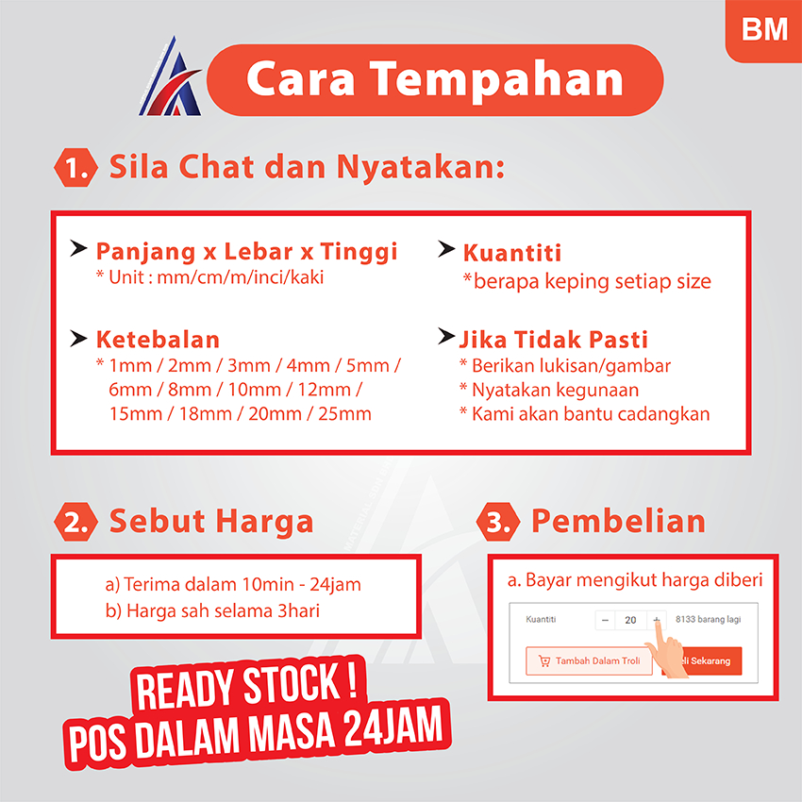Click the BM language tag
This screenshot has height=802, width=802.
tap(764, 29)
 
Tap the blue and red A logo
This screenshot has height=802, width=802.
tap(171, 76)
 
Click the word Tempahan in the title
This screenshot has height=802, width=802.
tap(496, 80)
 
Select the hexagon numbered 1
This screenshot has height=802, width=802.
tap(75, 167)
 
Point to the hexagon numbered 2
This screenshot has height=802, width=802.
tap(75, 522)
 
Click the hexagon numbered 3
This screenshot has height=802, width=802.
tap(497, 522)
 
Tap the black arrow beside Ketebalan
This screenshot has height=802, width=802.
tap(78, 338)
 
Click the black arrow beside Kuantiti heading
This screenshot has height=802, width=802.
tap(446, 249)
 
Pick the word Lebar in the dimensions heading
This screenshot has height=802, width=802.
tap(259, 251)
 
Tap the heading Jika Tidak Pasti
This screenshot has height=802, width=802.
tap(554, 340)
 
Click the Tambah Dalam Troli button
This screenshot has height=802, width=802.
tap(589, 660)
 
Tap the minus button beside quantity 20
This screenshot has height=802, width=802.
tap(605, 621)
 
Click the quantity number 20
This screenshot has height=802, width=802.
tap(630, 621)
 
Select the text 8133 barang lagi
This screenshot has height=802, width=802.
tap(708, 619)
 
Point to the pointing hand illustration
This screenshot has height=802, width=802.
tap(665, 648)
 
